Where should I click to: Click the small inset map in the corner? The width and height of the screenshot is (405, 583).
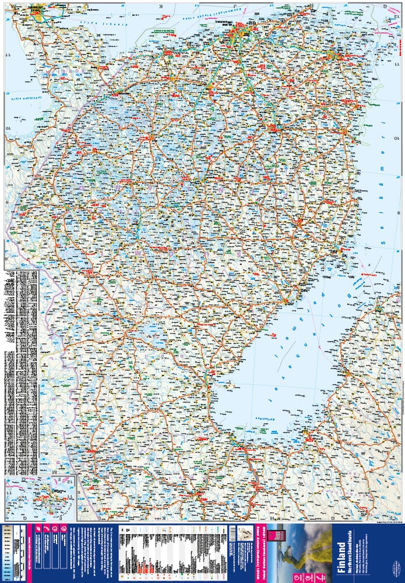(40, 499)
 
